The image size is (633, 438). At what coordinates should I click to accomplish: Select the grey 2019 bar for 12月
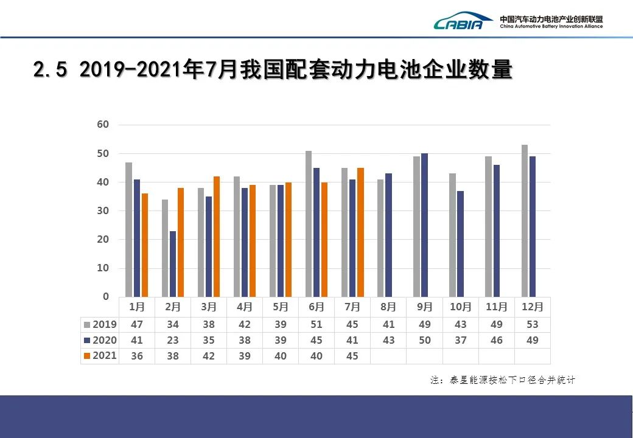pos(525,221)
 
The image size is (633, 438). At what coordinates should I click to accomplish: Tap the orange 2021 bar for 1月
pos(145,245)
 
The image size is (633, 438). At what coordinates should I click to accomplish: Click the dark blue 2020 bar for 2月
pos(173,263)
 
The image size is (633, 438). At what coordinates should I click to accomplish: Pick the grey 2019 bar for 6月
pos(309,224)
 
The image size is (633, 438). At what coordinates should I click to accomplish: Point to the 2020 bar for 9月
pos(424,225)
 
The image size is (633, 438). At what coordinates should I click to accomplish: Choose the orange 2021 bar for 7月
pos(360,232)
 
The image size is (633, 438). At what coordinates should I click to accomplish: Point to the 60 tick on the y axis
pos(103,125)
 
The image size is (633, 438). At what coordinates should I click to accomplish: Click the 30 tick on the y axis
pos(103,210)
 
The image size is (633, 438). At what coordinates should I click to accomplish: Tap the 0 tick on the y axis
pos(106,297)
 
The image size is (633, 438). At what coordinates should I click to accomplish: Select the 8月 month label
pos(388,307)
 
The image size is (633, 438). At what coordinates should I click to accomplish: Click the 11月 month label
pos(497,307)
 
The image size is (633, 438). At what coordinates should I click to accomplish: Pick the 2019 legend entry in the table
pos(101,325)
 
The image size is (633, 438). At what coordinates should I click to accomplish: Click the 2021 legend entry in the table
pos(101,355)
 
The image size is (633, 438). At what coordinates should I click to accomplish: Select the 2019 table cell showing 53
pos(533,325)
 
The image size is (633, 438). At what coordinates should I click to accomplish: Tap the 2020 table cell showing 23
pos(173,340)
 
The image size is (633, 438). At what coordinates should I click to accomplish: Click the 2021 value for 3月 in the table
pos(209,356)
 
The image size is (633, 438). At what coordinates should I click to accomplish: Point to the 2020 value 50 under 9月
pos(424,340)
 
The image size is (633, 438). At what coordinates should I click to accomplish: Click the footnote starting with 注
pos(502,380)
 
